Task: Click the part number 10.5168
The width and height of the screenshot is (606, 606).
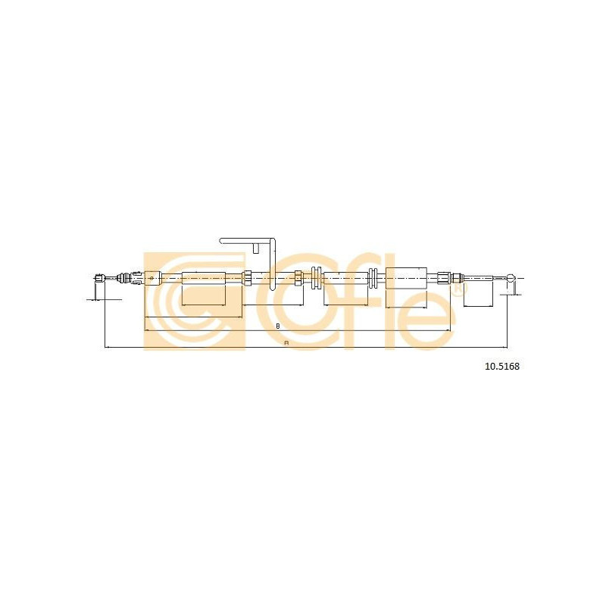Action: (502, 366)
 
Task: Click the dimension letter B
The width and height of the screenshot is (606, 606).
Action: (277, 326)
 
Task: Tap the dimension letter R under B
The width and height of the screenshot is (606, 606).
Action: (286, 343)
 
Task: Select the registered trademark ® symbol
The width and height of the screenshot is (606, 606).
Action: (458, 289)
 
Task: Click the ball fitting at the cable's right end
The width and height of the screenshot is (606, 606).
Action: (511, 278)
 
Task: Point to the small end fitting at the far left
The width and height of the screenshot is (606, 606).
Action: (100, 278)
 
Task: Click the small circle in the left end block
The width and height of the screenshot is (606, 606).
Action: (151, 277)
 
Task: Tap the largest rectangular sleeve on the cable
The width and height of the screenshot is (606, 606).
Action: (406, 278)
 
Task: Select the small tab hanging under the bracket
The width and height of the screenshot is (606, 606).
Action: (255, 248)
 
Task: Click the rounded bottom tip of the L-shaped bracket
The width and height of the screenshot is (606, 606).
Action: (272, 289)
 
